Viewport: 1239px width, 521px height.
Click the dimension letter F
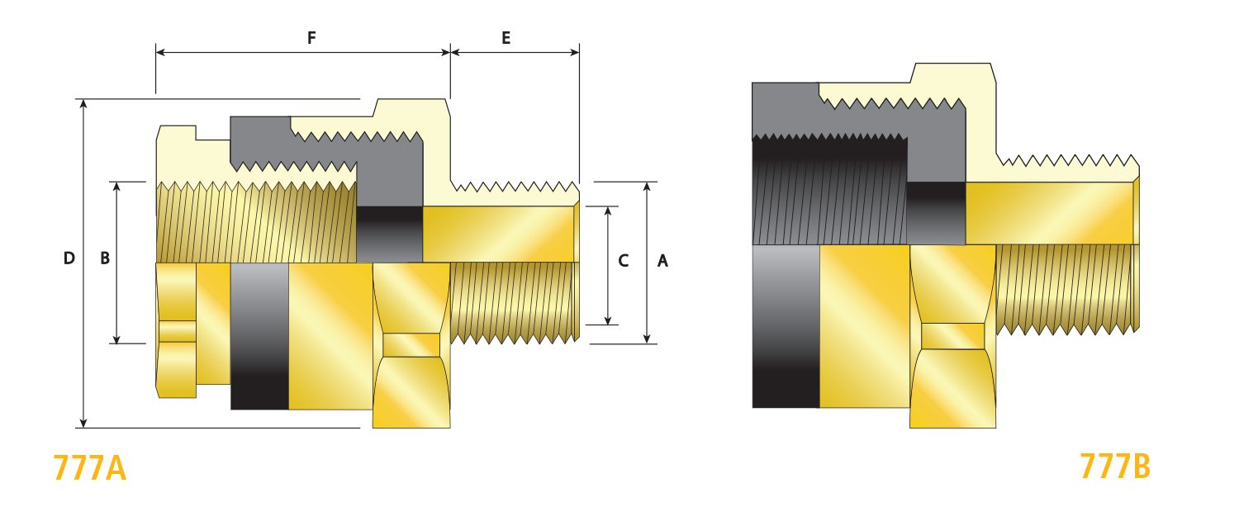[311, 38]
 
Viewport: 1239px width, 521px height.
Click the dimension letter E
[506, 38]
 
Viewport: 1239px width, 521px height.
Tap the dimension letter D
[69, 258]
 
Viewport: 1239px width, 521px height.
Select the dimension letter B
[105, 258]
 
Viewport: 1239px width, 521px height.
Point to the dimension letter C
[624, 261]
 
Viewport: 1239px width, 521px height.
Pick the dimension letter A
[662, 261]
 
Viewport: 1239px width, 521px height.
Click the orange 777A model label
[90, 468]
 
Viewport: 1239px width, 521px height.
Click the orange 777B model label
[1115, 467]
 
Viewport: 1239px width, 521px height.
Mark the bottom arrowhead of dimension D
[83, 423]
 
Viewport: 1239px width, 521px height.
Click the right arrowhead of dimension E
[575, 53]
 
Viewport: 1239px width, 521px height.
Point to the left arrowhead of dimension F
[161, 53]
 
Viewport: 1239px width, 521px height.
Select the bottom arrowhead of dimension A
[647, 339]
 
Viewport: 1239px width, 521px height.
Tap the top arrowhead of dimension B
[116, 187]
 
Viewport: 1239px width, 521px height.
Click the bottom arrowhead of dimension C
[608, 320]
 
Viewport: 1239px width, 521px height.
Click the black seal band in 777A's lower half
[259, 336]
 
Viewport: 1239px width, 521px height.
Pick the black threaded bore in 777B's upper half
[829, 190]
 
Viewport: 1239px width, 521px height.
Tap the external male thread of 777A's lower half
[515, 302]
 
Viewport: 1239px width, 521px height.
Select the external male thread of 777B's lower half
[1067, 290]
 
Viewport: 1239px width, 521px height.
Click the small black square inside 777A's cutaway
[389, 234]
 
